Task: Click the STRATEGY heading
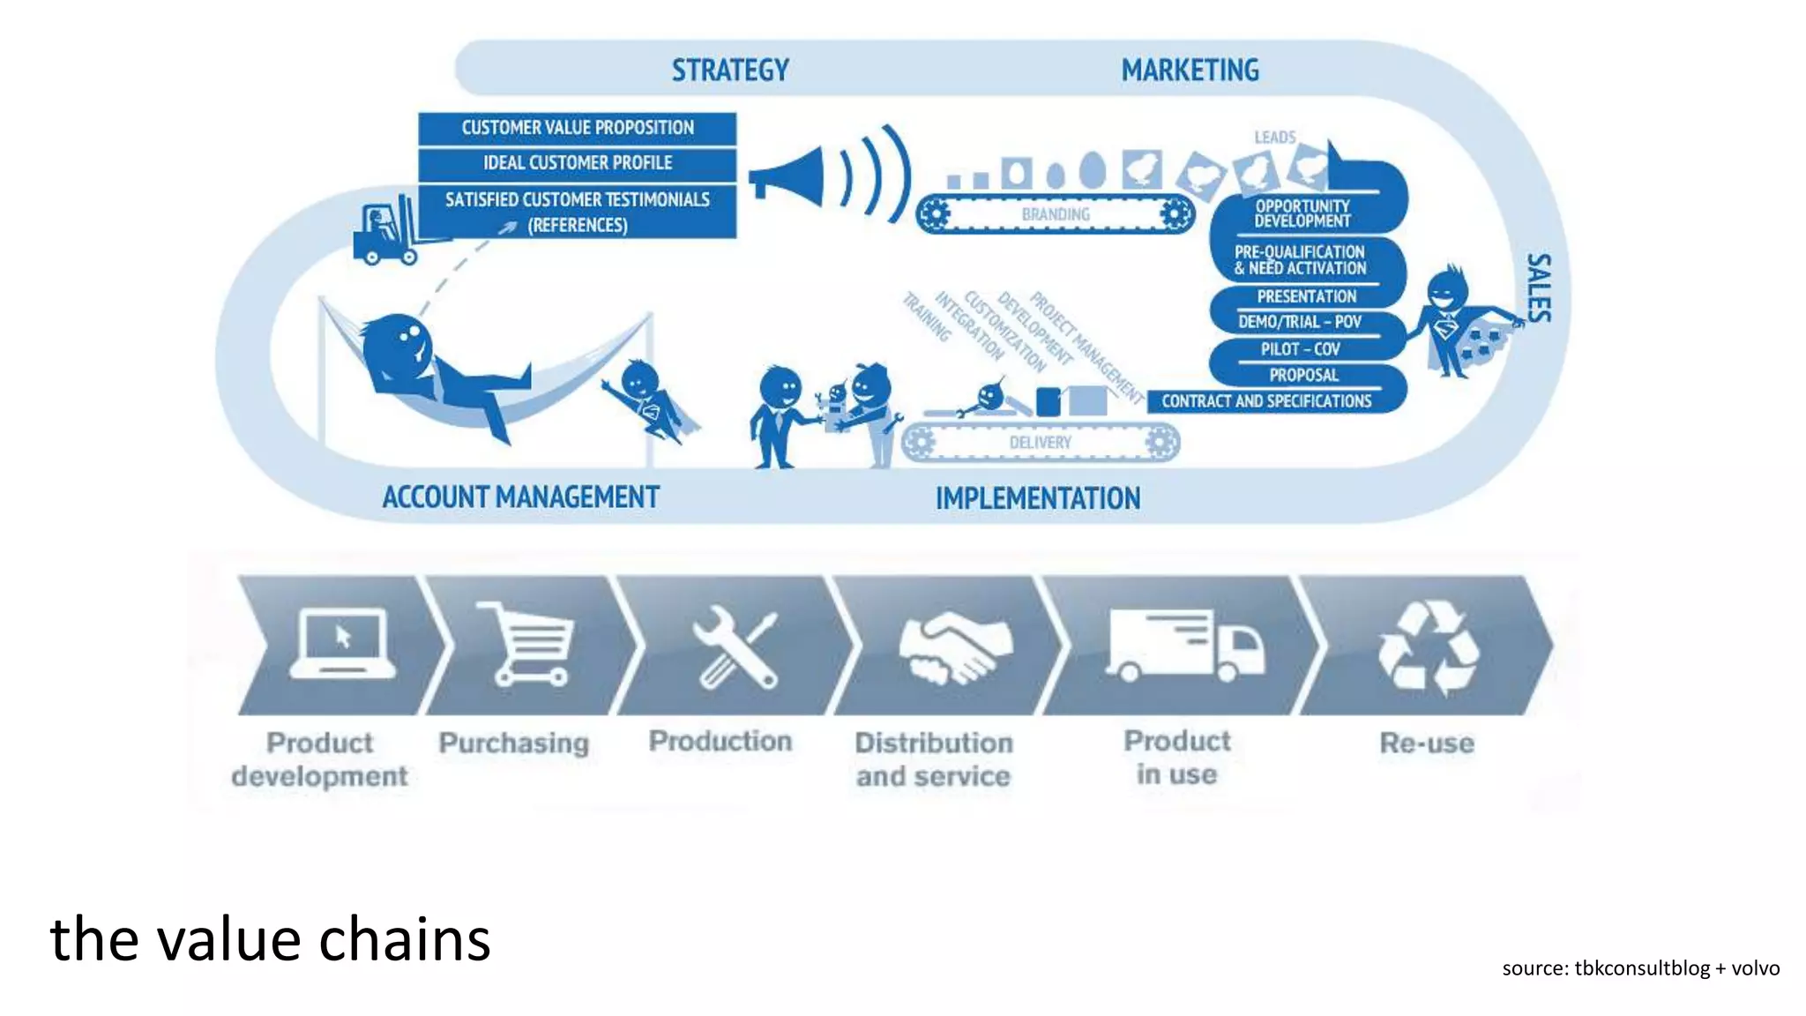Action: click(730, 71)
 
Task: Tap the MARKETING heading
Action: click(1190, 71)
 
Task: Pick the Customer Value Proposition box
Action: click(578, 128)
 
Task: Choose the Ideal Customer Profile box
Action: click(578, 163)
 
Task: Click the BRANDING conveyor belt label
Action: click(1056, 214)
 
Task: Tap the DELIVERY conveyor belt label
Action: click(1040, 443)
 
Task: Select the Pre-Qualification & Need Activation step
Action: click(1301, 260)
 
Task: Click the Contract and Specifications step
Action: click(1266, 401)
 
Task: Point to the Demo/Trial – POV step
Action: click(1300, 322)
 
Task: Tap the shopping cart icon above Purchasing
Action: click(527, 643)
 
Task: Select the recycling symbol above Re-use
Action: click(1428, 647)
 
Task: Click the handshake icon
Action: click(955, 648)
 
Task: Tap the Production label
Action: click(720, 741)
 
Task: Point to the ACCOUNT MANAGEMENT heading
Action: click(520, 497)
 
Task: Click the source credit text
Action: click(1640, 967)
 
